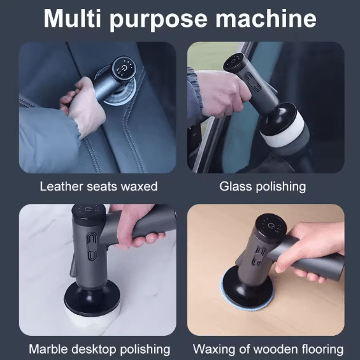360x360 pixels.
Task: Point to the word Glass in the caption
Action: click(234, 187)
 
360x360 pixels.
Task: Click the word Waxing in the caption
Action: click(213, 349)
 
